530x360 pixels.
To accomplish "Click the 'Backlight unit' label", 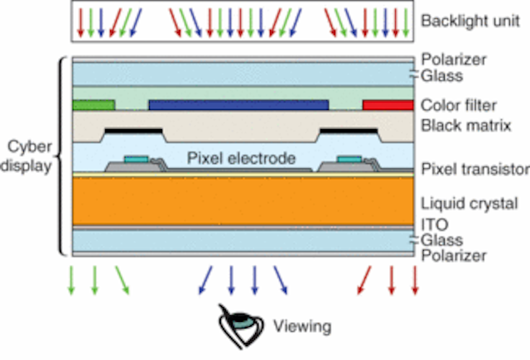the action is pos(470,21).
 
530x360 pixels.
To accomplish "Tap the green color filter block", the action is pos(94,105).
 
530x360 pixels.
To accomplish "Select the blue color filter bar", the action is pos(238,105).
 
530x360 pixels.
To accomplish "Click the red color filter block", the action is pos(388,105).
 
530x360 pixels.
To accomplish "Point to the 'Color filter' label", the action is pos(458,106).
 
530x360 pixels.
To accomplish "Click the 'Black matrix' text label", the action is pos(465,126).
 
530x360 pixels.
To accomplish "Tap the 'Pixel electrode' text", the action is pos(241,158).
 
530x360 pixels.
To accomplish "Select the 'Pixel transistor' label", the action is pos(475,169).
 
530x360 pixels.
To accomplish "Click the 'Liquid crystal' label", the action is pos(470,204).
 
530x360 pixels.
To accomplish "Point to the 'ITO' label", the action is pos(435,224).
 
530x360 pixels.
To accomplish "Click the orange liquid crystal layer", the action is pos(243,201).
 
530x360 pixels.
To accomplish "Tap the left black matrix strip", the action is pos(133,131).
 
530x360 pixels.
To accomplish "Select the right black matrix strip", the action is pos(349,131).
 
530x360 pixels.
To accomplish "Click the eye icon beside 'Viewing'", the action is pos(241,326).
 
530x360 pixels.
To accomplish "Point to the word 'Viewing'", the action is pos(302,327).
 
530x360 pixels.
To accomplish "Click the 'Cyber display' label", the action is pos(27,156).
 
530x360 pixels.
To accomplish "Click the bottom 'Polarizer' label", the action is pos(454,256).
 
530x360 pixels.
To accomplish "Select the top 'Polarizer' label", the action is pos(454,60).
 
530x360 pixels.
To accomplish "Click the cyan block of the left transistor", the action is pos(136,159).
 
